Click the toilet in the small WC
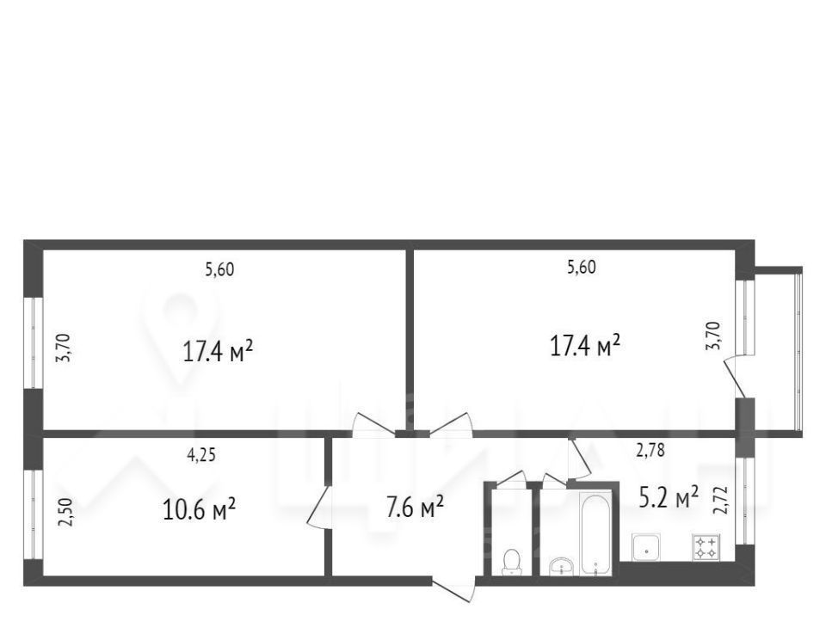tap(512, 562)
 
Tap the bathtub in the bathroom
tap(595, 533)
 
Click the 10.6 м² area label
tap(199, 509)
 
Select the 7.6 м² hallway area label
tap(415, 508)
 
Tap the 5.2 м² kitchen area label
tap(669, 497)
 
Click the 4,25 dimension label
tap(201, 455)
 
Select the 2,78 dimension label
tap(650, 451)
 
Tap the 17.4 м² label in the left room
tap(218, 351)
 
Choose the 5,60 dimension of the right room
tap(582, 267)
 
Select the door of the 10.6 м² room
tap(318, 507)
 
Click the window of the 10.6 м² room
tap(34, 514)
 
